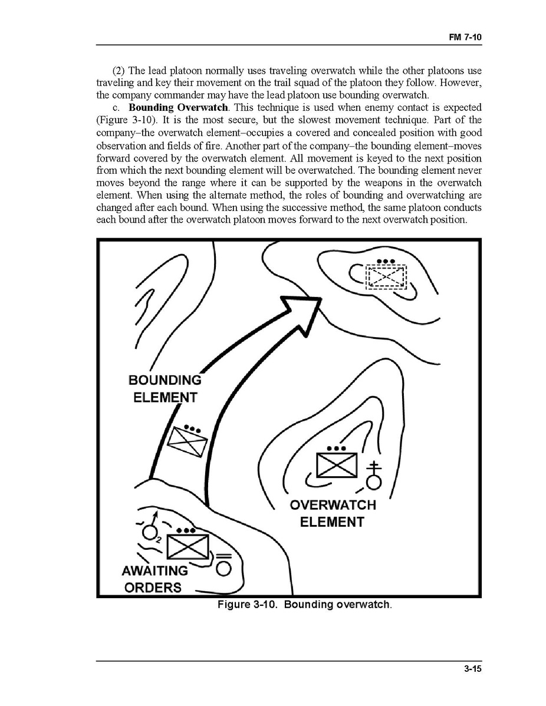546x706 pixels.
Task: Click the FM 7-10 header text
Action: click(x=466, y=37)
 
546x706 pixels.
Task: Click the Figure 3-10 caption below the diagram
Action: click(x=304, y=605)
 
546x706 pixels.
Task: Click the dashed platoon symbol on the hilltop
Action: click(x=387, y=276)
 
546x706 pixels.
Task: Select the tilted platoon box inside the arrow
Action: click(x=186, y=442)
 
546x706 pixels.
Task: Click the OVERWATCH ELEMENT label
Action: click(x=333, y=513)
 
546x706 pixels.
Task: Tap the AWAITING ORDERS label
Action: click(x=154, y=579)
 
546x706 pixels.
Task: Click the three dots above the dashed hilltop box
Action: click(x=386, y=261)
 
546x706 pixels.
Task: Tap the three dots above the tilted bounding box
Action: click(x=192, y=428)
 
